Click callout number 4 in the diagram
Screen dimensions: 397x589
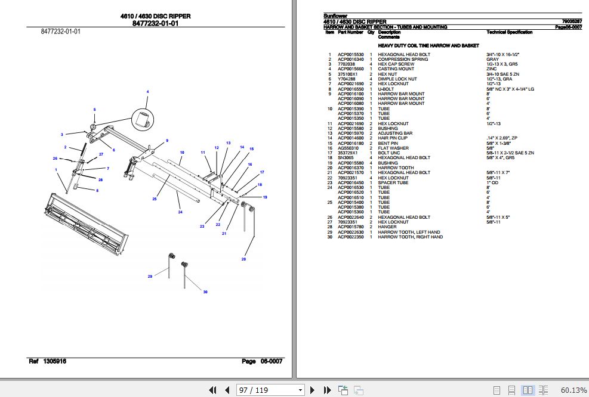click(147, 91)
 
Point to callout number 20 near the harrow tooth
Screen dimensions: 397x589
click(243, 259)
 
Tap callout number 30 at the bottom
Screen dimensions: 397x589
click(205, 291)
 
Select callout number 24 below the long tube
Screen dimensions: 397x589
click(180, 212)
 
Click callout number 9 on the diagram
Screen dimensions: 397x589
click(167, 141)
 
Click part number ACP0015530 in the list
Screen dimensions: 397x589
click(350, 55)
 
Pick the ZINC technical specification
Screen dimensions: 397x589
click(492, 69)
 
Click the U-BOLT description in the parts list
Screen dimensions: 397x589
click(387, 89)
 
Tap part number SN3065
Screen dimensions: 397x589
click(346, 158)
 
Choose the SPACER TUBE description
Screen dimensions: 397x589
click(393, 182)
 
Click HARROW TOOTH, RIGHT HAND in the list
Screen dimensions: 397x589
click(410, 237)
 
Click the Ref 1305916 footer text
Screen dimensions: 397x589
click(48, 362)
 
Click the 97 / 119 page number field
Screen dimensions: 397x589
click(270, 390)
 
